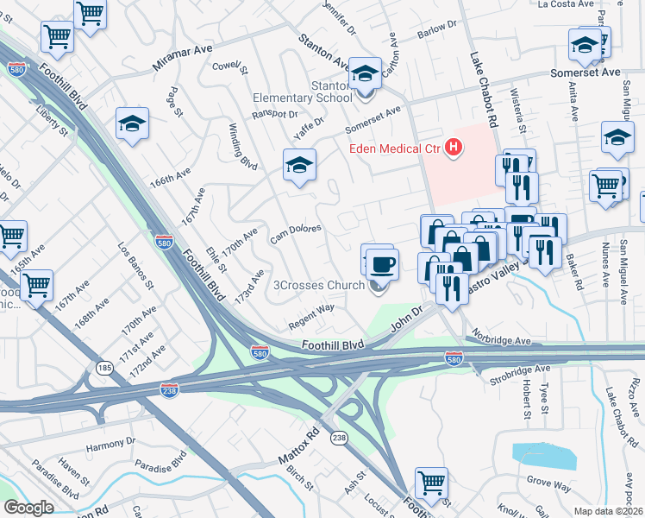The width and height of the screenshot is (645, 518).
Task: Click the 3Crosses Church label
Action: [319, 286]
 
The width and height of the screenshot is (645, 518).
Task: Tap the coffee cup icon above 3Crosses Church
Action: [381, 262]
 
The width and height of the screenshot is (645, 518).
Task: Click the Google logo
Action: [28, 507]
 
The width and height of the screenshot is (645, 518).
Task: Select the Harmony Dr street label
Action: [111, 446]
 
